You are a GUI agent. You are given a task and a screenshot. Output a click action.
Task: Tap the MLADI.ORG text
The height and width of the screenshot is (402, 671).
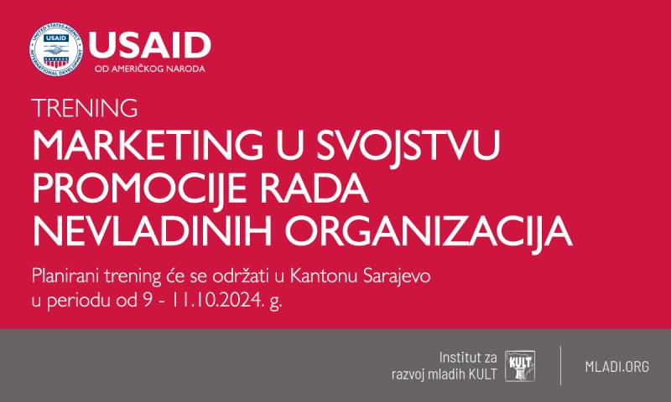(616, 365)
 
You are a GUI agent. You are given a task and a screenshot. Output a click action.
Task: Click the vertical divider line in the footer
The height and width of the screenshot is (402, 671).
(560, 365)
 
